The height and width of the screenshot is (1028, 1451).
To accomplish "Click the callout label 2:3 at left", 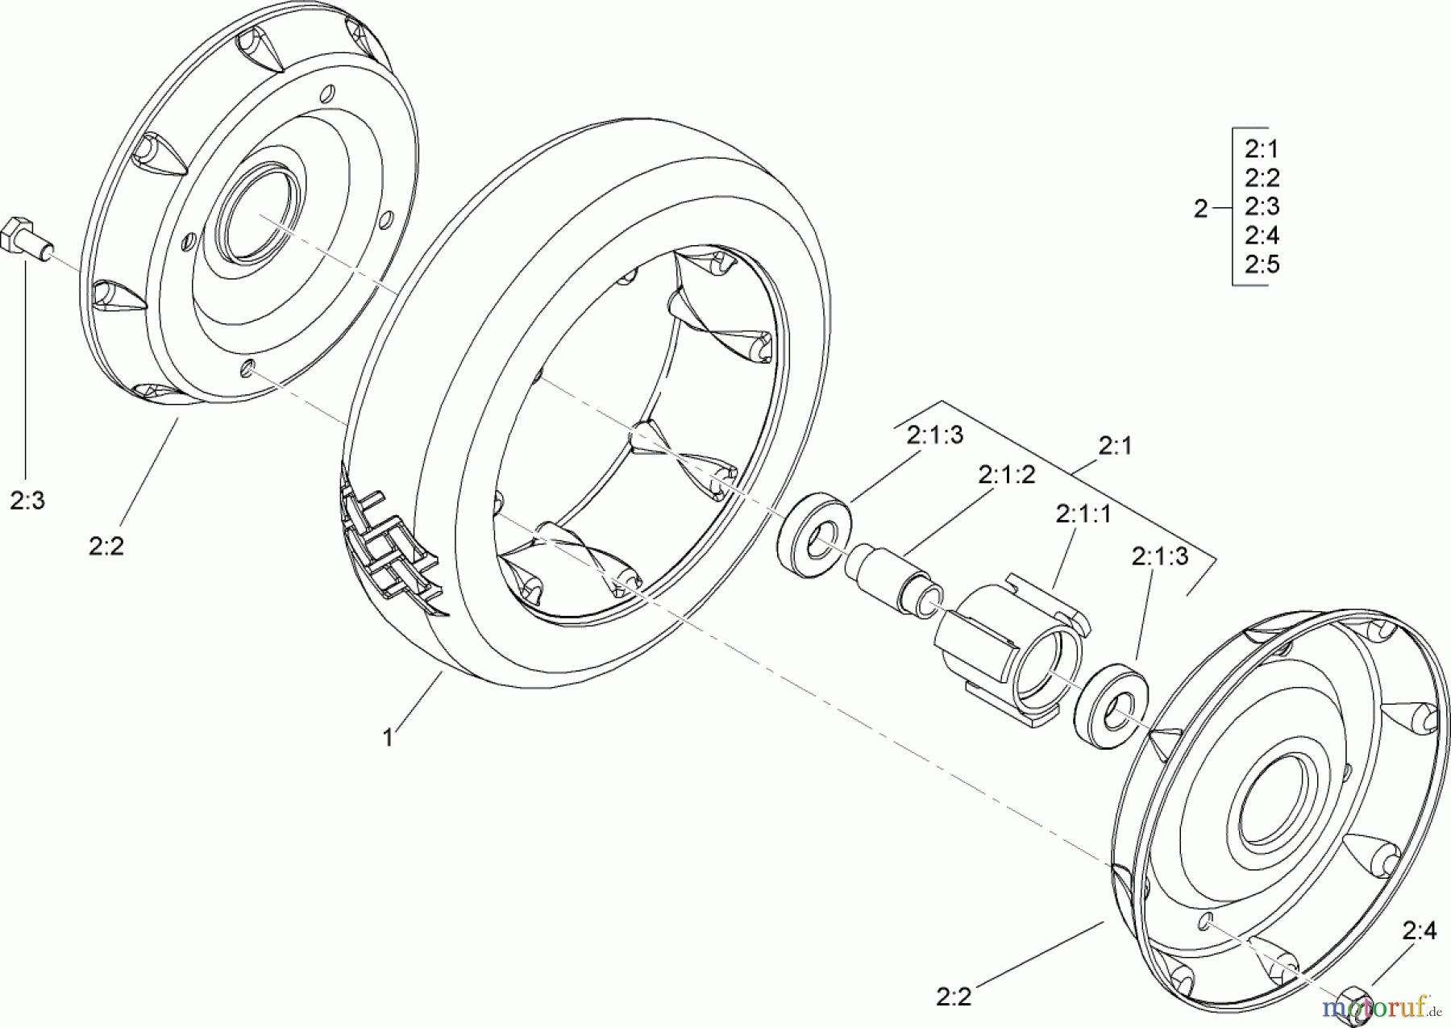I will click(x=27, y=501).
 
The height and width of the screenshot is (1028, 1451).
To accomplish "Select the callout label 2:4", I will click(x=1419, y=931).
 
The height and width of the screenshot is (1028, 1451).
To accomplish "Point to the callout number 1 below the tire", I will click(x=388, y=738).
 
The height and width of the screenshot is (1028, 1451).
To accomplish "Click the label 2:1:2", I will click(x=1006, y=476).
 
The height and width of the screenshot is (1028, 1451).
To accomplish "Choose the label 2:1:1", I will click(x=1083, y=514).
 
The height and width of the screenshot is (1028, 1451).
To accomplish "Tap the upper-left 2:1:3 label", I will click(x=935, y=435).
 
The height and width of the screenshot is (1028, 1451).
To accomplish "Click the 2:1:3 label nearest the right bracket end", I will click(x=1159, y=556).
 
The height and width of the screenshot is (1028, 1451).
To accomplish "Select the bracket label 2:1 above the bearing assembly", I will click(x=1115, y=446).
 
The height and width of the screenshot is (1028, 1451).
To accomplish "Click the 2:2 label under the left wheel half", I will click(x=106, y=547).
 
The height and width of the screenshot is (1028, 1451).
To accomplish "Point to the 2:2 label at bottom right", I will click(x=954, y=997).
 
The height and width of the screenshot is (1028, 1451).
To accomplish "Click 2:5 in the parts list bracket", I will click(x=1262, y=264).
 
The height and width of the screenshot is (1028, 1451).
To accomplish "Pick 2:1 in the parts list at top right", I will click(x=1262, y=149).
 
